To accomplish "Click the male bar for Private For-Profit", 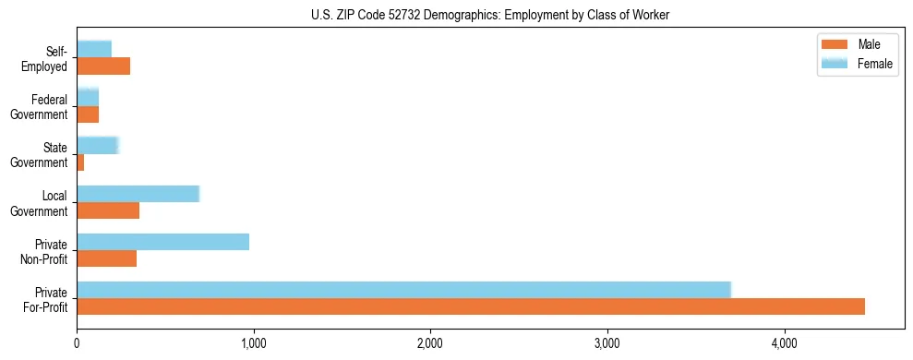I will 471,306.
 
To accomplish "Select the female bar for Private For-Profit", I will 403,290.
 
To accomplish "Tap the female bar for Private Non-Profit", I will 162,242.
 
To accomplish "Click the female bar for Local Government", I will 138,194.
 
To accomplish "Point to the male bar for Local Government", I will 108,210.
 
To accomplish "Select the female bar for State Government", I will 98,145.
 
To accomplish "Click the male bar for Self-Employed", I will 103,66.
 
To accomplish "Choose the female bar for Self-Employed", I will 94,49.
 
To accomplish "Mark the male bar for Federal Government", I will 88,114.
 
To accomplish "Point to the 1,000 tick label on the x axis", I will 253,344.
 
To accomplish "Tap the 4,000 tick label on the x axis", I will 784,344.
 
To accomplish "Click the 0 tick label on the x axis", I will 77,344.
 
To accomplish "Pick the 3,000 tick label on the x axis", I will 607,344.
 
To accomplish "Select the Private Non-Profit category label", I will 46,251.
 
